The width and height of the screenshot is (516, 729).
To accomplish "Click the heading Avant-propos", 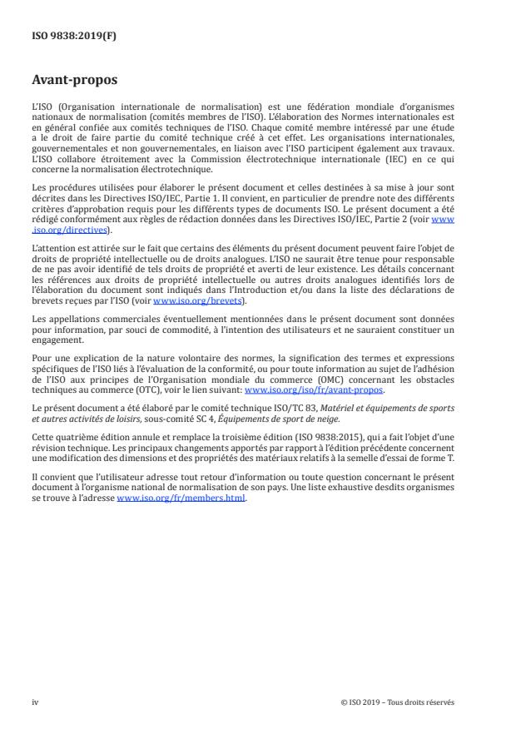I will coord(75,81).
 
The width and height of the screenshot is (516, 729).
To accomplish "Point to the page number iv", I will coord(35,702).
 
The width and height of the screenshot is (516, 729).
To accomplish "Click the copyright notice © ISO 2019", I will coord(397,702).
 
